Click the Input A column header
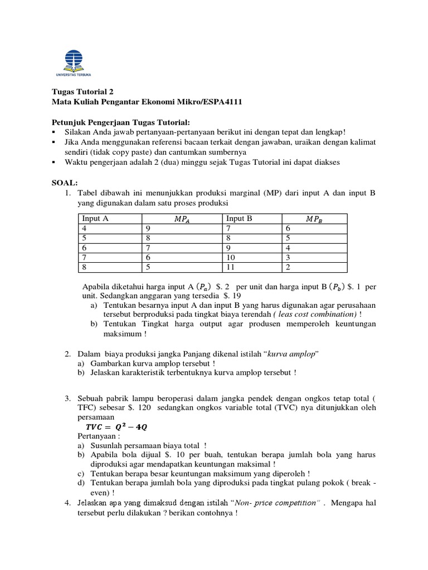95,219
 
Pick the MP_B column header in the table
314,219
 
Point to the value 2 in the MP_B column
288,268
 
